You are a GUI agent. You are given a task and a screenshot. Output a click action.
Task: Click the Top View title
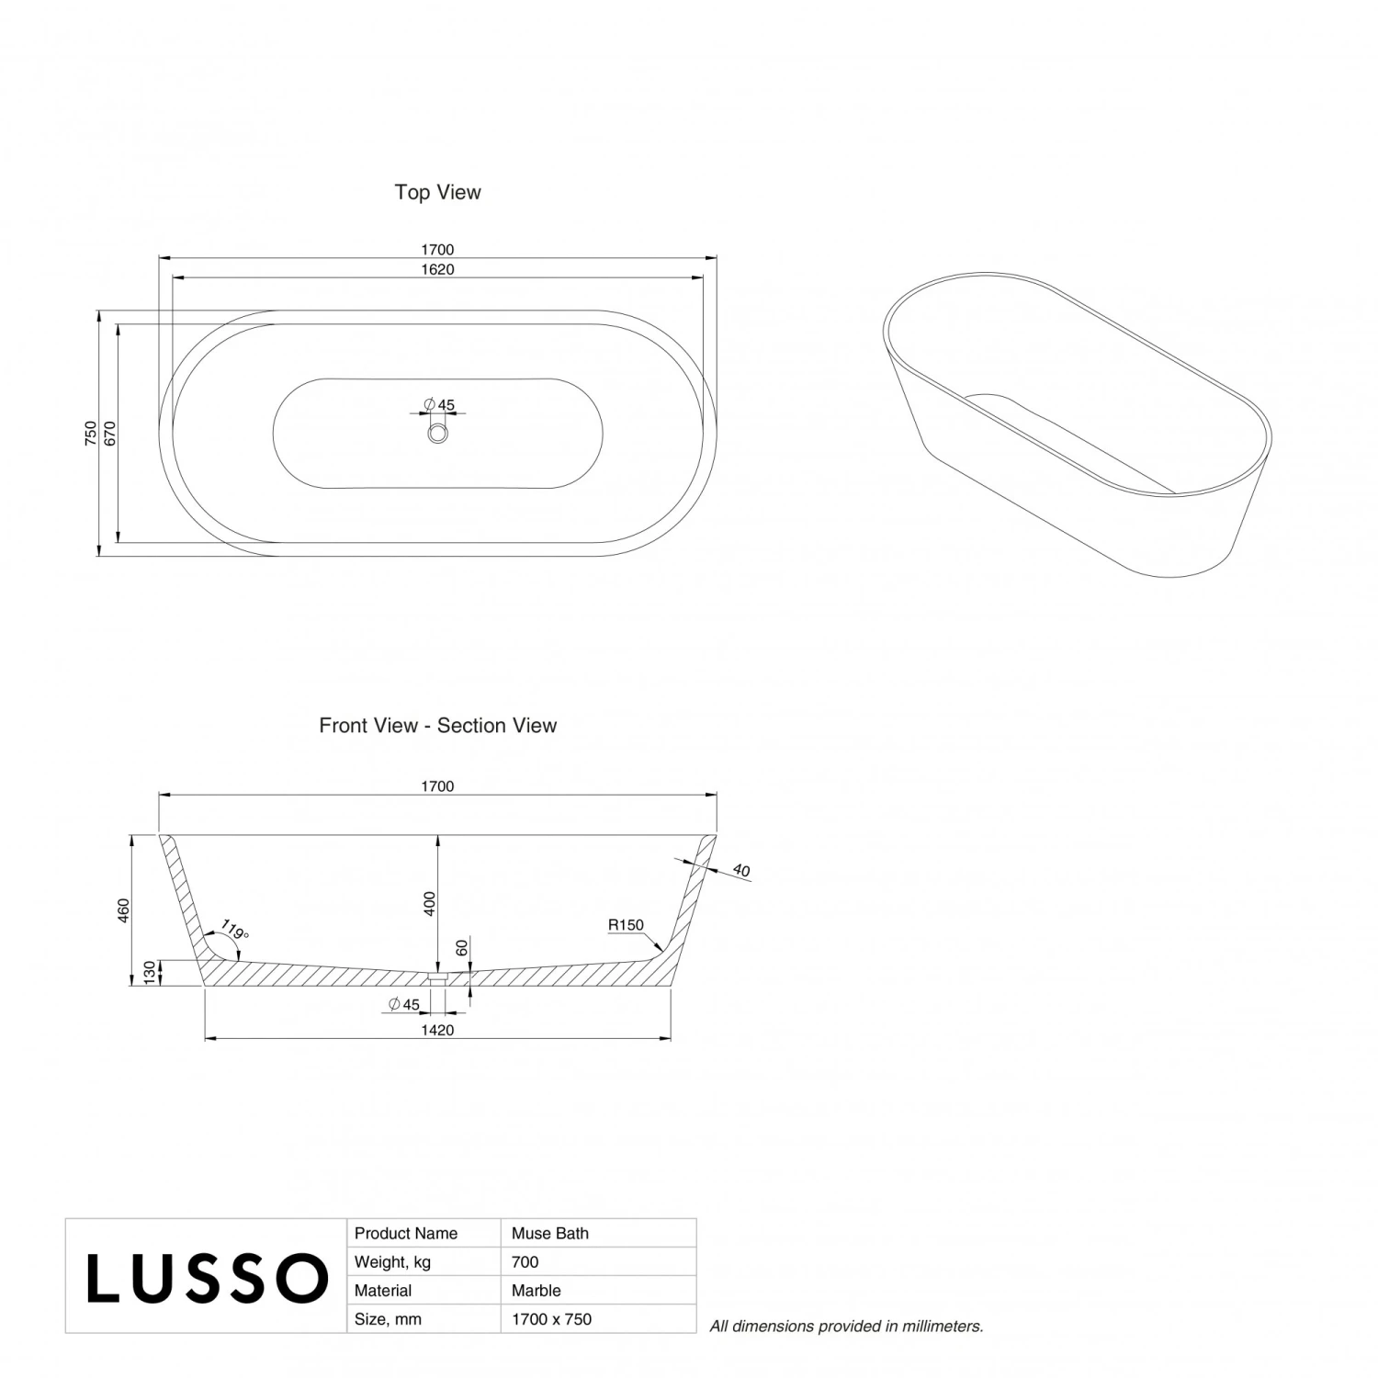point(437,192)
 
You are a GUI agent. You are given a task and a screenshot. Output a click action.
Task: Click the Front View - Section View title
point(437,726)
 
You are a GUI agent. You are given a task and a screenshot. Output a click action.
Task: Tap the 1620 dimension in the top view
point(438,270)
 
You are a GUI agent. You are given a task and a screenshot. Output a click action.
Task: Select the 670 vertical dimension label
point(109,434)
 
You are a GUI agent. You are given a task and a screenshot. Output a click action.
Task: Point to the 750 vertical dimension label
point(90,434)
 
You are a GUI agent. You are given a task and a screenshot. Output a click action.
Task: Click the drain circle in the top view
point(437,434)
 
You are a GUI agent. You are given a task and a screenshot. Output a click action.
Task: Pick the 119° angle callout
point(234,932)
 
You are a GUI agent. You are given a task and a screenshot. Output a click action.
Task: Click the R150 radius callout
point(626,925)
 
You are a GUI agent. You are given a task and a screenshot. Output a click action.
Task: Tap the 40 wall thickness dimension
point(741,870)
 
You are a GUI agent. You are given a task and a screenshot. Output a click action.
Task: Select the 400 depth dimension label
point(429,904)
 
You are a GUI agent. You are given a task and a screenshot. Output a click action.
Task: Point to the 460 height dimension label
point(124,909)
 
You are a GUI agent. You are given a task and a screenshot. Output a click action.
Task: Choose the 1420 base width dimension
point(437,1031)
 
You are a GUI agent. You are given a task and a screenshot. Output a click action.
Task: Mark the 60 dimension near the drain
point(462,947)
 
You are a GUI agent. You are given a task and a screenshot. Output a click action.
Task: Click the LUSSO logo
point(207,1278)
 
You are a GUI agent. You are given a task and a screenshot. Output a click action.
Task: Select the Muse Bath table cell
point(550,1234)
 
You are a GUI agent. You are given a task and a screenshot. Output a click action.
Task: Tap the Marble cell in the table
point(536,1291)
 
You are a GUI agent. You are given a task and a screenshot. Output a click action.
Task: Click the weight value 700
point(525,1262)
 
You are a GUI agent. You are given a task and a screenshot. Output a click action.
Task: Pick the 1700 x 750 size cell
point(551,1319)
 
